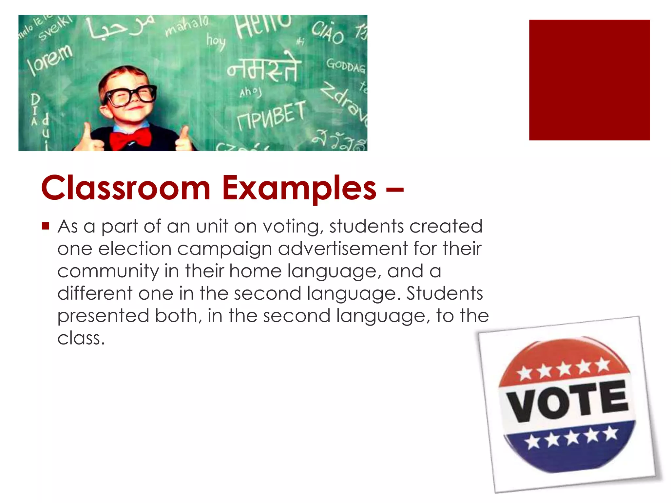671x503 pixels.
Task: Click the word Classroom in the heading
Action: [126, 188]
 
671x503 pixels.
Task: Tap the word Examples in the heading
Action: [299, 189]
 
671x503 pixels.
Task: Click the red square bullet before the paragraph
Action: [46, 226]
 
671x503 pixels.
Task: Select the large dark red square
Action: [589, 80]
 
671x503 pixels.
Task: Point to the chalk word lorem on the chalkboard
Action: [50, 59]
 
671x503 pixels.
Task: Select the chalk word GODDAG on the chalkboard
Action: [345, 65]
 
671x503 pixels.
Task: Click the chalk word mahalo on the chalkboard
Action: [187, 26]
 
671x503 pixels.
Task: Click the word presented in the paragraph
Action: [103, 316]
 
